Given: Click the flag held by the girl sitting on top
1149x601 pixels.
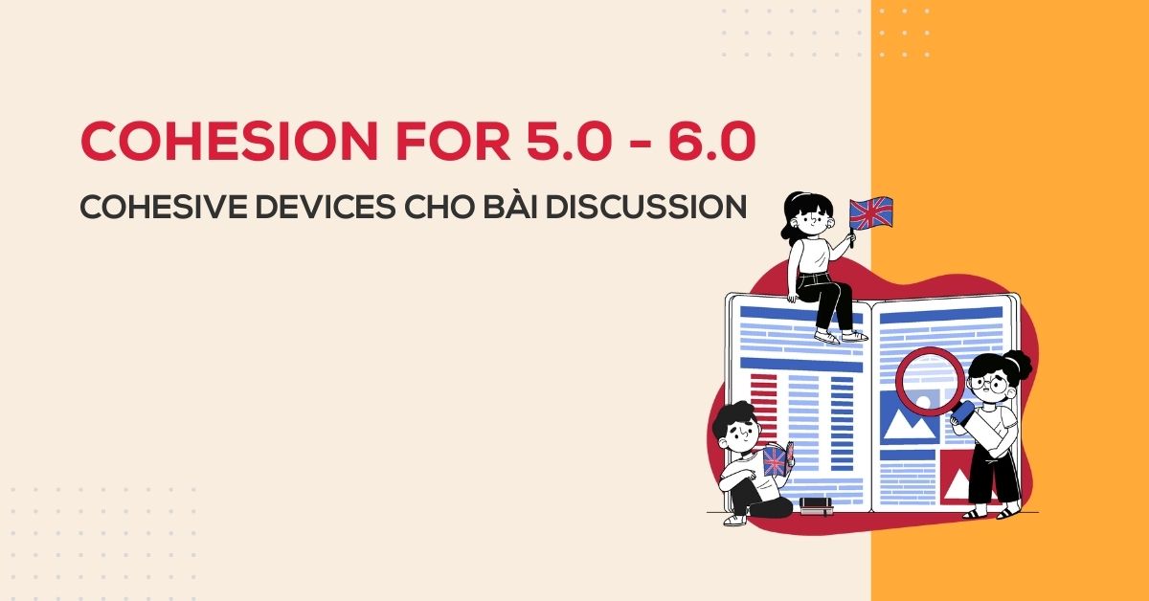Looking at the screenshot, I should click(870, 213).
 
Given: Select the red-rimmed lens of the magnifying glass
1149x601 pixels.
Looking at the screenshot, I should click(930, 379).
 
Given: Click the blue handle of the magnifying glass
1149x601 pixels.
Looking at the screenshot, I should click(962, 414).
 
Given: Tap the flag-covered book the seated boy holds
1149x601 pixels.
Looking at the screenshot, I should click(775, 461).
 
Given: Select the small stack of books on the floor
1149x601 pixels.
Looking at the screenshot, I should click(817, 506).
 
